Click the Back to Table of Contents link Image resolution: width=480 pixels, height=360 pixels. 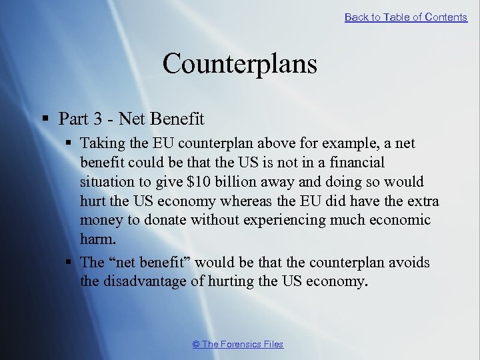(405, 17)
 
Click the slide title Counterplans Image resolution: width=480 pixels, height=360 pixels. (239, 64)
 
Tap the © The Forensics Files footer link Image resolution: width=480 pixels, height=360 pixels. (237, 344)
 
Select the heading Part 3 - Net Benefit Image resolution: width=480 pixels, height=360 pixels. (131, 119)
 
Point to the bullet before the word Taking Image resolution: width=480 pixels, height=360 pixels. (69, 143)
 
